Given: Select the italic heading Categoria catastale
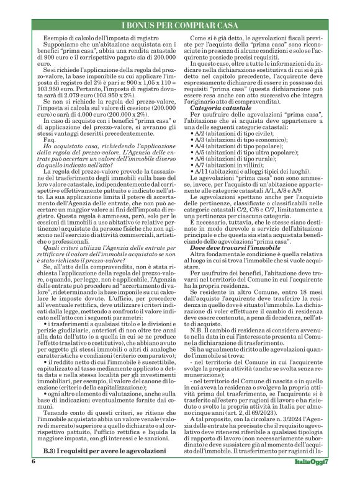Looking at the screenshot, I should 218,109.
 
